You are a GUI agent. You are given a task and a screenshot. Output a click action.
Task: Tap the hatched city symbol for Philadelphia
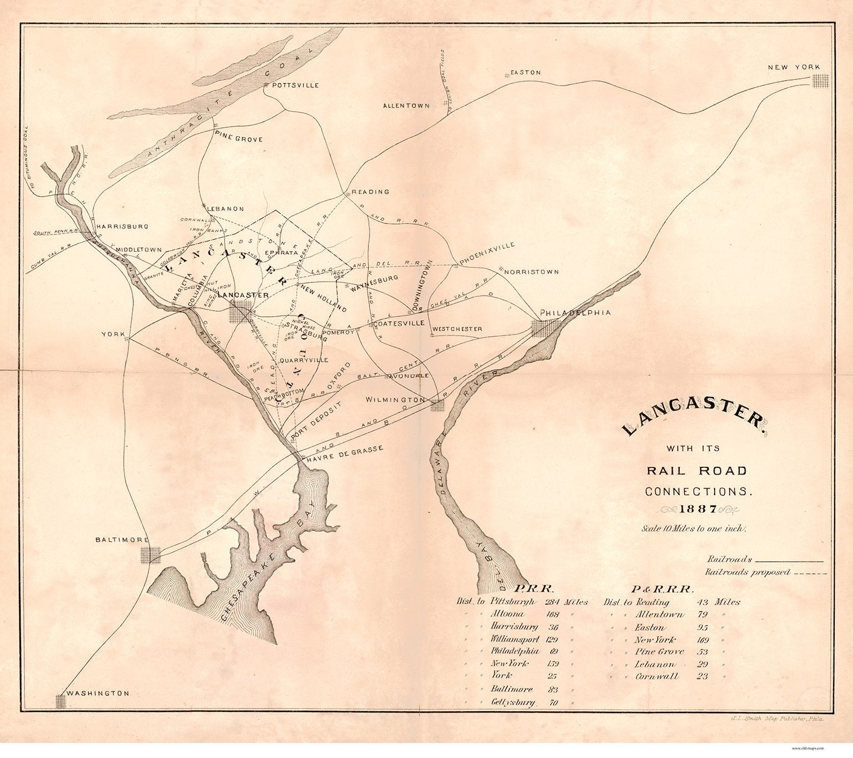[540, 328]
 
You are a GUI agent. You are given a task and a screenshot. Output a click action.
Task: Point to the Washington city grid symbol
[61, 701]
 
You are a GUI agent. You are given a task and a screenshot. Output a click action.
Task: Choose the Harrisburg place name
[122, 227]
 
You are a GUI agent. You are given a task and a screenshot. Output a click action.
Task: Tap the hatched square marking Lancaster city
[240, 312]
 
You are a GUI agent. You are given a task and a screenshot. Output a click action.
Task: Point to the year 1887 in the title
[698, 509]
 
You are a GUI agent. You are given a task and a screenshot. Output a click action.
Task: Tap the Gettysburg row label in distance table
[513, 702]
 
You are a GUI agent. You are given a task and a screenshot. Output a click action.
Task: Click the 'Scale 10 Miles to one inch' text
[694, 528]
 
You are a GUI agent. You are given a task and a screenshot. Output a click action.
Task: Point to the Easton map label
[525, 73]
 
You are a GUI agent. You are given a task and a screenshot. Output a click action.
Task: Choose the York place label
[111, 334]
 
